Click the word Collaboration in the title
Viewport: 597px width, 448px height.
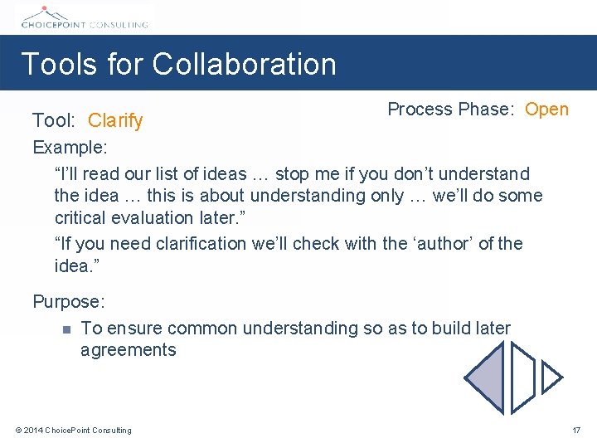[245, 64]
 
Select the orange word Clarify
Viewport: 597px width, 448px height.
[115, 121]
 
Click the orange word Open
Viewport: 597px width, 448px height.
[546, 110]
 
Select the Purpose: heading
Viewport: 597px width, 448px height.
[68, 302]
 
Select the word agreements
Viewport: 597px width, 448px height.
[128, 350]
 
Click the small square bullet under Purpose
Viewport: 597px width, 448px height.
[66, 329]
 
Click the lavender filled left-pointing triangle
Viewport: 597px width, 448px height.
[487, 377]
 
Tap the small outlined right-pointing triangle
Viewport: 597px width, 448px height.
[551, 378]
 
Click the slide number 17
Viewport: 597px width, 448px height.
[576, 430]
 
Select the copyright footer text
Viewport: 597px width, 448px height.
[73, 430]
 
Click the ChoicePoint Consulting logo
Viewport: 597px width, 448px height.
[83, 17]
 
